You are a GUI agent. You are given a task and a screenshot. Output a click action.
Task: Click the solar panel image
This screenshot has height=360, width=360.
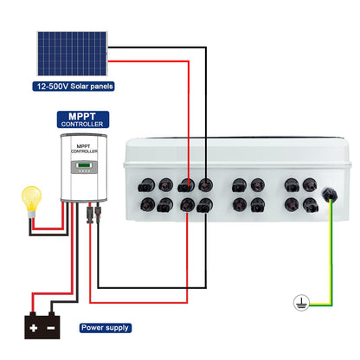72,54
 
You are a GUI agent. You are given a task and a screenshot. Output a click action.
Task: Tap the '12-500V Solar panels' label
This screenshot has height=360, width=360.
74,87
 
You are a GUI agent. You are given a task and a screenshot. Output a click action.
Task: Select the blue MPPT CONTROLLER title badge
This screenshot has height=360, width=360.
83,119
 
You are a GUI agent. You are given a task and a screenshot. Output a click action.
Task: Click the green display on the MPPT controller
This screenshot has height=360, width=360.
84,165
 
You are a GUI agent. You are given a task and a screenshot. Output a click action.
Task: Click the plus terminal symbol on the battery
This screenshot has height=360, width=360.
34,328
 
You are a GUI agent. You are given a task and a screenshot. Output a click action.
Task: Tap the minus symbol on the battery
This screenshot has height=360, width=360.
51,328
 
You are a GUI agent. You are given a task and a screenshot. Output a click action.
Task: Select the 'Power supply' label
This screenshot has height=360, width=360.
106,328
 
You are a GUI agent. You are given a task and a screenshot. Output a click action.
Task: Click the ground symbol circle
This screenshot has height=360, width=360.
301,303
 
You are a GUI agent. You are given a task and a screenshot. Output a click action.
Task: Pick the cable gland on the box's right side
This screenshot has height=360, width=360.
330,195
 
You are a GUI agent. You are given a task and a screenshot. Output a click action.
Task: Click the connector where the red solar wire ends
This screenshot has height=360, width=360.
186,185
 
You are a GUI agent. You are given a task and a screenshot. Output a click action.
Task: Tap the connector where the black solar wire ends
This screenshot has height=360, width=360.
205,184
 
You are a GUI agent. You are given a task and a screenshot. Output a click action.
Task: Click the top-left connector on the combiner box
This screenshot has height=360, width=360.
146,185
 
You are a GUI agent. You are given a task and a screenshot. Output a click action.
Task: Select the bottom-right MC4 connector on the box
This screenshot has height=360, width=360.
311,205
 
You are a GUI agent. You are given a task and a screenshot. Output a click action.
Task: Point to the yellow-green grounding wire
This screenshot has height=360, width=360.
331,257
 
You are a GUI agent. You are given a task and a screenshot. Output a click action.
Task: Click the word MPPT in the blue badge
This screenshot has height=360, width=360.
82,117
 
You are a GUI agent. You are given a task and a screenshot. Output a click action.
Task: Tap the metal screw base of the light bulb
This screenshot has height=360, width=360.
31,215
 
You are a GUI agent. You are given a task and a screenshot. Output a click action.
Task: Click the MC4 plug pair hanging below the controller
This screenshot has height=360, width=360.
93,212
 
